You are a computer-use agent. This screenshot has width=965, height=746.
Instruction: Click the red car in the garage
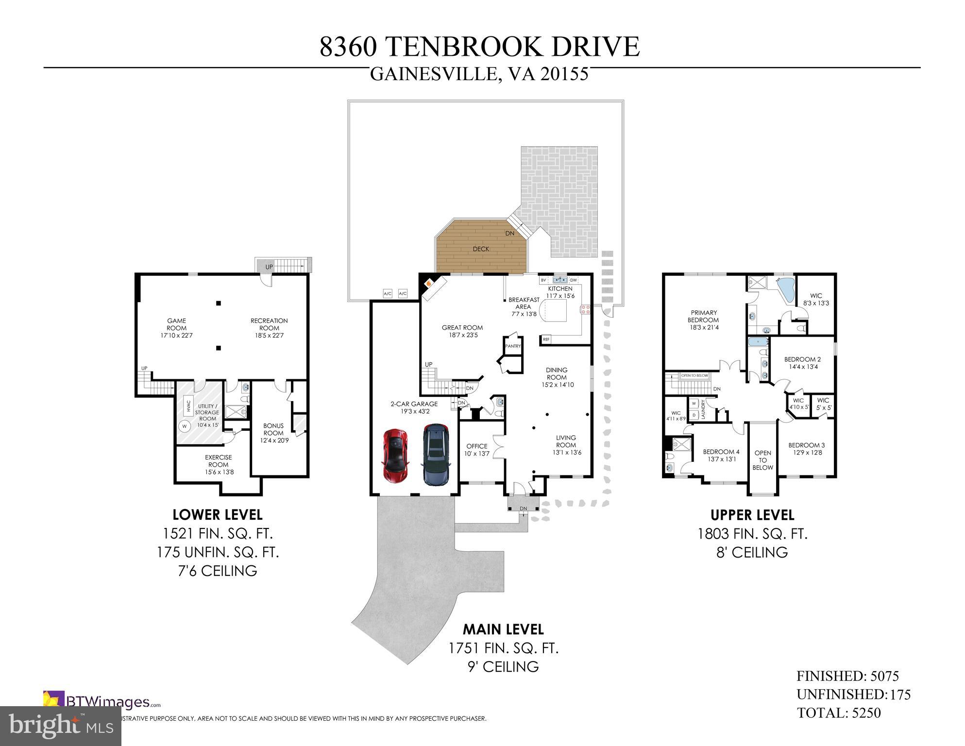(396, 455)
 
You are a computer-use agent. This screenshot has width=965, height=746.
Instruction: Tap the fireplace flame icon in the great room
(429, 283)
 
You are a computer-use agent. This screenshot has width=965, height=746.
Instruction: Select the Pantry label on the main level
(513, 346)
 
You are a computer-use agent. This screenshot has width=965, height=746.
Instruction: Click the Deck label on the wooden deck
(481, 249)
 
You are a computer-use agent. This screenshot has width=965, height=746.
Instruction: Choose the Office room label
(476, 450)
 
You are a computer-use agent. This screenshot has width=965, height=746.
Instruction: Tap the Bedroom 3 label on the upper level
(806, 449)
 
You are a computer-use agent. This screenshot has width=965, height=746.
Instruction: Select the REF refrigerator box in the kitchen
(546, 339)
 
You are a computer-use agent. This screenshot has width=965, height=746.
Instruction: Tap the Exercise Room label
(218, 464)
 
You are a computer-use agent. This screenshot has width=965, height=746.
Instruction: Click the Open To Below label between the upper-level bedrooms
(762, 460)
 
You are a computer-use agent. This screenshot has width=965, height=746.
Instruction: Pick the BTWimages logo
(102, 702)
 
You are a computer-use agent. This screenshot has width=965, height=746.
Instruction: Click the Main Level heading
(503, 629)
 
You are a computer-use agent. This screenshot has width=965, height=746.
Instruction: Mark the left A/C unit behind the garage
(388, 294)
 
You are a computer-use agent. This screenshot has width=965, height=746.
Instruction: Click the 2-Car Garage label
(414, 407)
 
